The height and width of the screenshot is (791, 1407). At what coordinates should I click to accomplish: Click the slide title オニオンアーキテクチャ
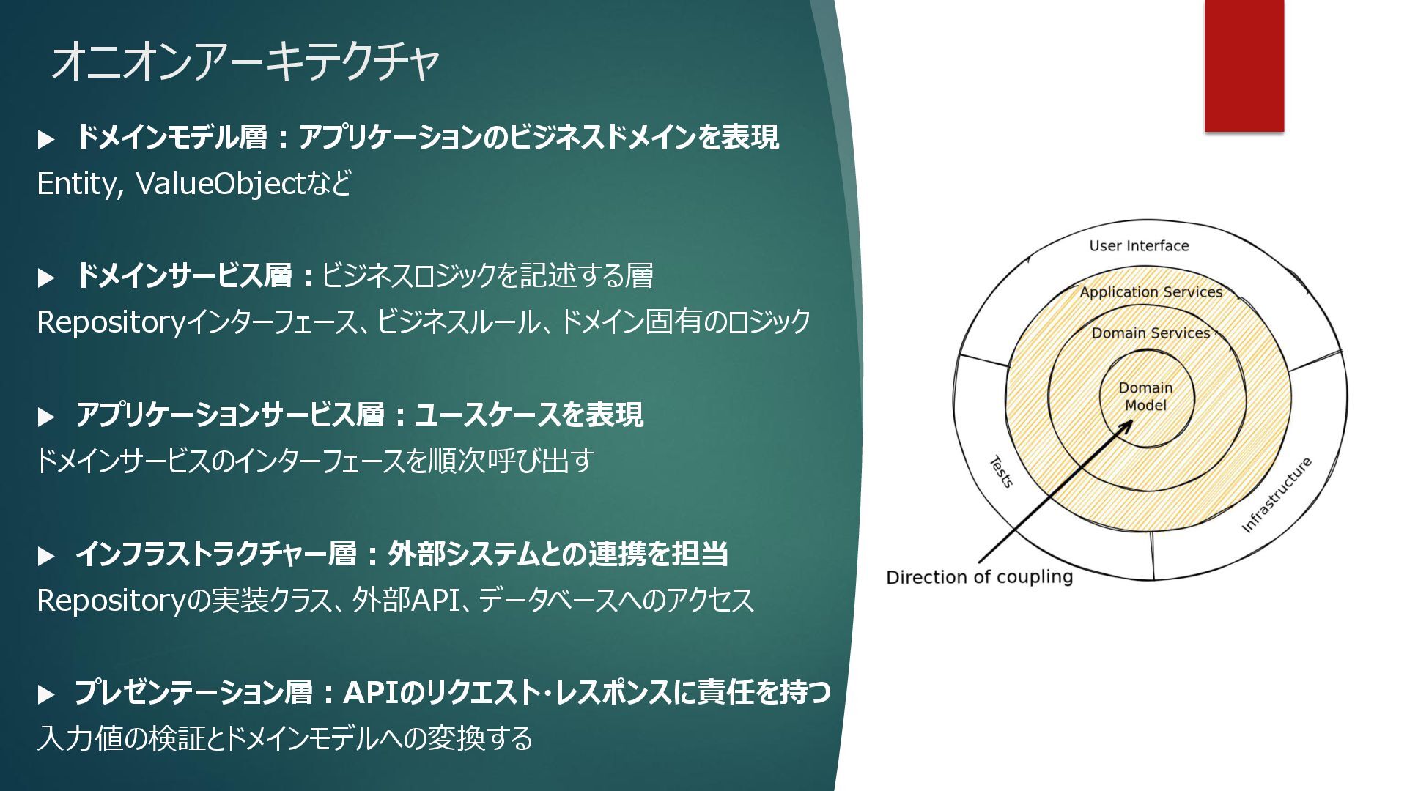245,61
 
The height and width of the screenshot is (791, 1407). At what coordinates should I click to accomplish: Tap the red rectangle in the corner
1244,66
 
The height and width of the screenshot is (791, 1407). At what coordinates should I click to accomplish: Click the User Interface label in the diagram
1139,246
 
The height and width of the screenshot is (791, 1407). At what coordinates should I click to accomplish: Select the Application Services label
1151,291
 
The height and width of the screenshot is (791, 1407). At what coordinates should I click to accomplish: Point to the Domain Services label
1151,333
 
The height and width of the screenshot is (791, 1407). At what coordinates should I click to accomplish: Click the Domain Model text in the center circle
1145,396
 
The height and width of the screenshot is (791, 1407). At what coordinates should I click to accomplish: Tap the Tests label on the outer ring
1001,472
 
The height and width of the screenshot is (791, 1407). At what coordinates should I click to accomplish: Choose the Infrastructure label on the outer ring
1276,495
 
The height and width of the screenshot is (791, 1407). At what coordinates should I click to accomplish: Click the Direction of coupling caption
979,577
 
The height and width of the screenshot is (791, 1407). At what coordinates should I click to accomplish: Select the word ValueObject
220,184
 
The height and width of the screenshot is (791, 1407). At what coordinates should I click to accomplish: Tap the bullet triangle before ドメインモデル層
46,139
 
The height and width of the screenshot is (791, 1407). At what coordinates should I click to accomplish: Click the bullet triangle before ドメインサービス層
46,278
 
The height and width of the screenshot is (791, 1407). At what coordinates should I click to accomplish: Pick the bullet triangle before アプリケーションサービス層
46,417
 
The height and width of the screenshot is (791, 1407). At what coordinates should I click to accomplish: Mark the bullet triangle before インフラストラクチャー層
46,556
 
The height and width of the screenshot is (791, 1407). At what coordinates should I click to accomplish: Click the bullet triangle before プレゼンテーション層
46,694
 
